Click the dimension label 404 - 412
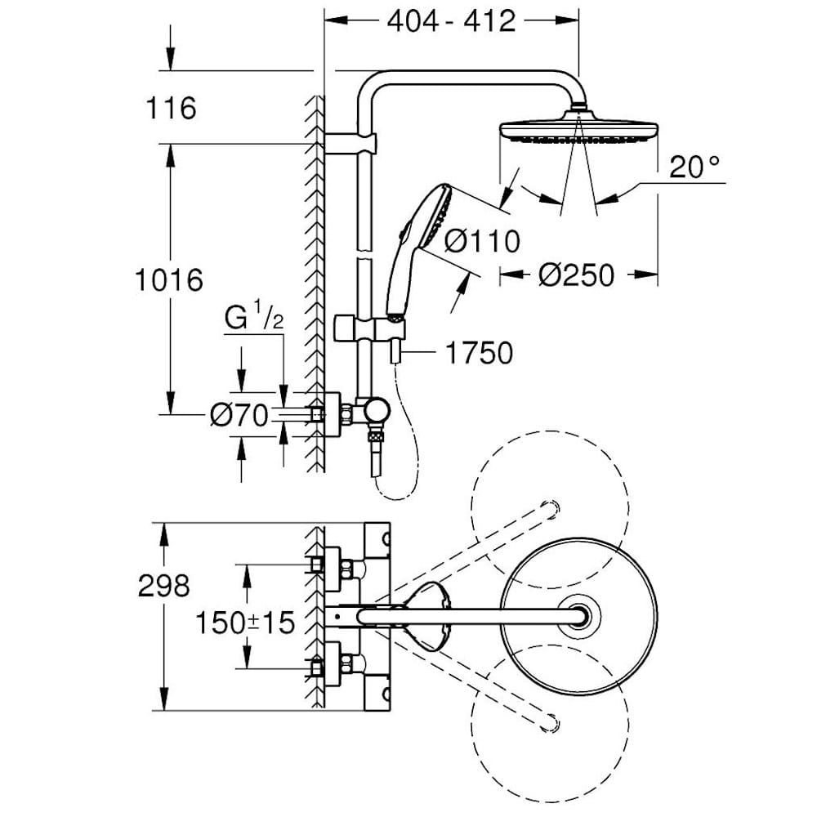point(451,20)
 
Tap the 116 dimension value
point(171,107)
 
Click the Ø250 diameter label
point(576,275)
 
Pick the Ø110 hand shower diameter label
point(483,240)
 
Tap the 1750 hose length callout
point(479,353)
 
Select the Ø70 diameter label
point(239,417)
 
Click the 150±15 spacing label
point(244,623)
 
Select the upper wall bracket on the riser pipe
point(351,144)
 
